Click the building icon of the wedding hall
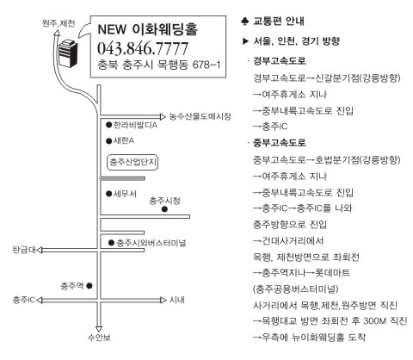68,53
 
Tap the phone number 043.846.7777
143,48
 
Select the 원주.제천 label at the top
59,23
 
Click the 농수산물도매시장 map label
200,116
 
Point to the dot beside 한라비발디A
108,125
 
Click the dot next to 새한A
108,140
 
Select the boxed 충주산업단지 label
133,162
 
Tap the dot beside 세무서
108,194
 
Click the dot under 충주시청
164,209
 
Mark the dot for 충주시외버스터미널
111,243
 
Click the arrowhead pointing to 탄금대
40,251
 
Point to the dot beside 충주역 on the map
89,286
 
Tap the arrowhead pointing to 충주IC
40,301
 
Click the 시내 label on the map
176,300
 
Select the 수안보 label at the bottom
99,338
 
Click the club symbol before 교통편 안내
244,22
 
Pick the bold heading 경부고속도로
280,61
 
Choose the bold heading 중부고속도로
280,143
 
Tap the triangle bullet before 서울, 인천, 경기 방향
245,41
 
